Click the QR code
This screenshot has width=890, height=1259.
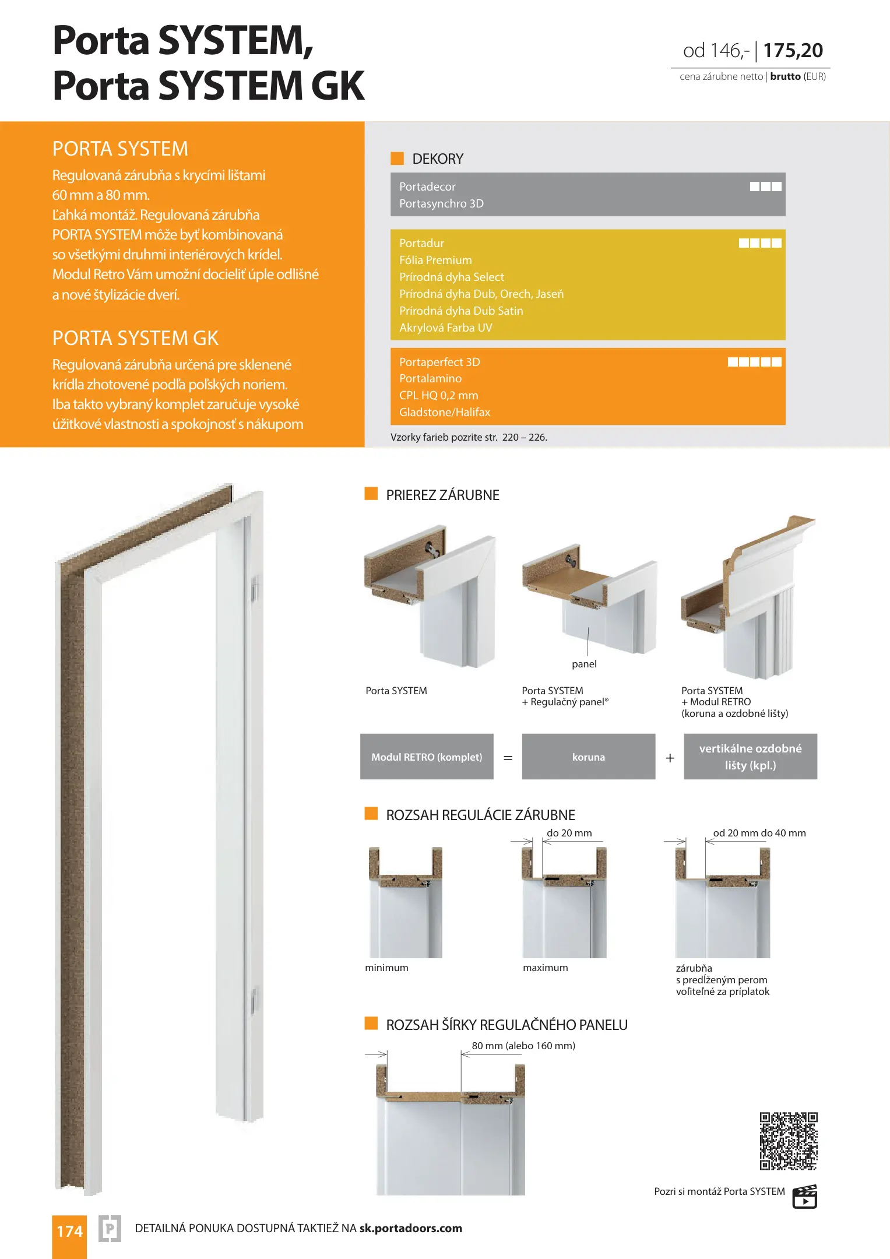pos(789,1141)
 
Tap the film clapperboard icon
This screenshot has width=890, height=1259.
pos(805,1197)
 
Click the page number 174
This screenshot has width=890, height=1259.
pos(69,1231)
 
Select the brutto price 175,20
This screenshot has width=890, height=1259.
pos(793,51)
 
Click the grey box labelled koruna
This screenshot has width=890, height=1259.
pos(589,757)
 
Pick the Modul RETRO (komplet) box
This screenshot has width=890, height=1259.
pos(427,757)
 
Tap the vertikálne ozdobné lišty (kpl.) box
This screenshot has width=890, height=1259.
pos(750,757)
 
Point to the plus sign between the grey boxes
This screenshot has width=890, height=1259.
pos(670,758)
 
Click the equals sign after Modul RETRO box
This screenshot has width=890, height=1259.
pos(508,758)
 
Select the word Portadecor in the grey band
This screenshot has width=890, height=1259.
pos(427,187)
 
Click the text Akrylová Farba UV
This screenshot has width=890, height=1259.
pos(446,328)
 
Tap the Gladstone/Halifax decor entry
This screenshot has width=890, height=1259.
pos(445,412)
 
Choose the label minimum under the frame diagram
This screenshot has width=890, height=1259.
pos(386,968)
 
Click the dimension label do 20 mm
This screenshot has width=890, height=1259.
pos(569,833)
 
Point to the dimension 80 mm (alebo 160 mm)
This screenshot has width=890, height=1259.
pos(523,1046)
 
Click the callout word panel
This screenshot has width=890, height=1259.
pos(584,664)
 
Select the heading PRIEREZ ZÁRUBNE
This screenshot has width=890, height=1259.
pos(442,495)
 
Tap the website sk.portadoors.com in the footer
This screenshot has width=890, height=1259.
pos(410,1228)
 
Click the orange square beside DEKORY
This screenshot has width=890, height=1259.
pos(397,158)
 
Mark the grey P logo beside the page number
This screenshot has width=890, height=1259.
pos(110,1229)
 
